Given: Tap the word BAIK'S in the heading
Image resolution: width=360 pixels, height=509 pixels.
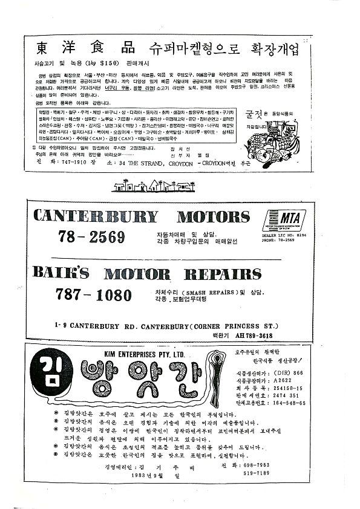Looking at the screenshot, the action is pyautogui.click(x=61, y=274).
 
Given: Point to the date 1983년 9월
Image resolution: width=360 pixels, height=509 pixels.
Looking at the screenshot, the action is pyautogui.click(x=145, y=475).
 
